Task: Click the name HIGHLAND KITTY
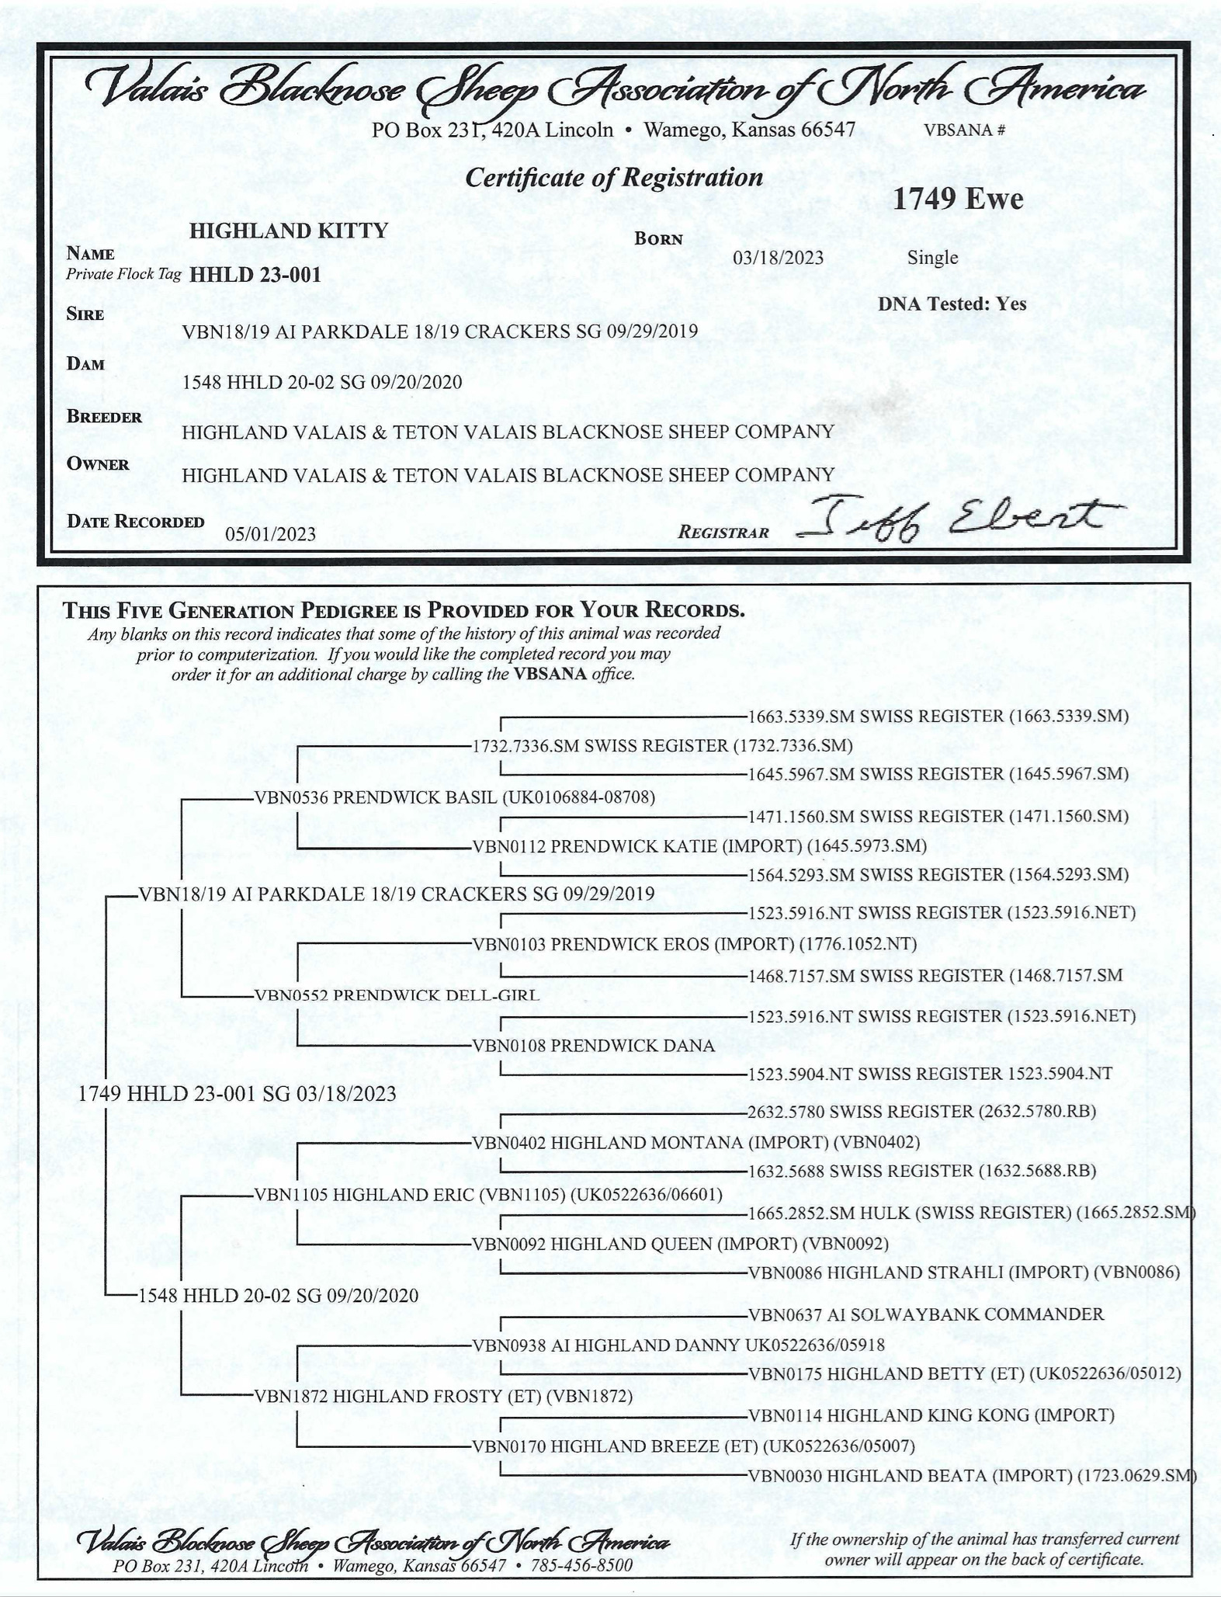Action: point(289,231)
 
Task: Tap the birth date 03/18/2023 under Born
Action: point(778,258)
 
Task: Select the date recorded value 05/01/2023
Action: point(270,533)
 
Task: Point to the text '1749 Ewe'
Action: point(957,200)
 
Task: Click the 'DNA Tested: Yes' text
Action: point(952,304)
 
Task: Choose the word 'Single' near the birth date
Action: point(932,258)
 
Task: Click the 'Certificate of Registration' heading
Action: point(613,178)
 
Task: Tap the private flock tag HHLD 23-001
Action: point(255,275)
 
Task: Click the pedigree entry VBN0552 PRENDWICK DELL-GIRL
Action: point(397,995)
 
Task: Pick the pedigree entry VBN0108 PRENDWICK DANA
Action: point(593,1045)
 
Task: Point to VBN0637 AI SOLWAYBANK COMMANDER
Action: point(925,1314)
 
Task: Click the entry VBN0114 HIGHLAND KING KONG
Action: point(931,1415)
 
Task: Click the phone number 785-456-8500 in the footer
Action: point(581,1564)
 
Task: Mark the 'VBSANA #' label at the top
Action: point(964,130)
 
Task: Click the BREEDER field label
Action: point(104,417)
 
